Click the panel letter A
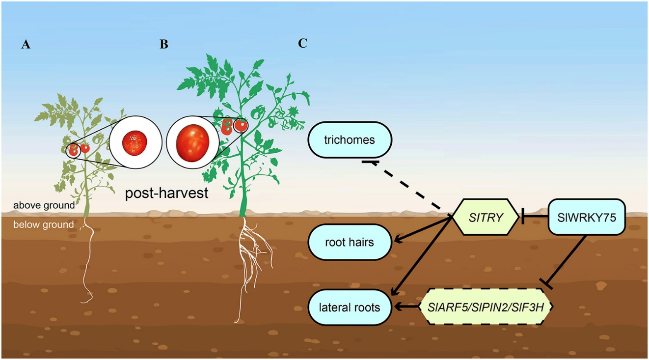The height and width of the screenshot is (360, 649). pos(26,45)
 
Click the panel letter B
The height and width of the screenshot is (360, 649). pos(164,44)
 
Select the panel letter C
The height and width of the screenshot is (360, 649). pos(302,43)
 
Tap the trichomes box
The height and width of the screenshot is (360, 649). pos(350,140)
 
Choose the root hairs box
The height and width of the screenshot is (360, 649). pos(350,242)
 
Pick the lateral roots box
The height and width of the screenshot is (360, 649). pos(350,307)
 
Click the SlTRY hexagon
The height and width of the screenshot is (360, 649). pos(486,217)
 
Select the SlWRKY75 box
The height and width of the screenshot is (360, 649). pos(586,217)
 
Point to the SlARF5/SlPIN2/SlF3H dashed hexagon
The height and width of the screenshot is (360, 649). pos(486,306)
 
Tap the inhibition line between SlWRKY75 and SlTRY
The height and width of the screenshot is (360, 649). pos(534,217)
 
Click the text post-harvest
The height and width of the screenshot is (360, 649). pos(166,193)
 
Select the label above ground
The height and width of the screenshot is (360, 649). pos(44,205)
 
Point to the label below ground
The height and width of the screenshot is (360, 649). pos(44,225)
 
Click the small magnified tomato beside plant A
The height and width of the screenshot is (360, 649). pos(135,142)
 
